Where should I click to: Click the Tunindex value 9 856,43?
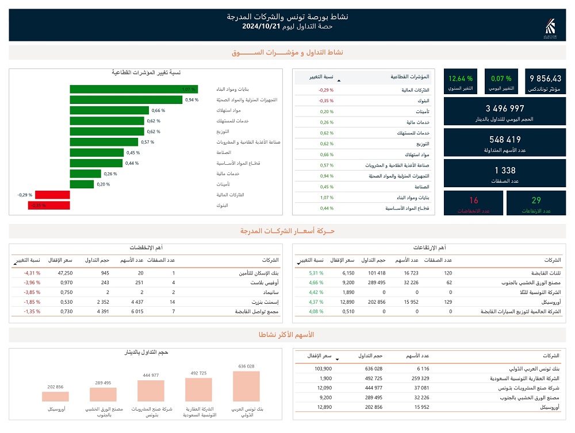click(546, 79)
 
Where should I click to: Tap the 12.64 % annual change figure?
click(461, 79)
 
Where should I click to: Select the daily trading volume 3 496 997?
click(505, 109)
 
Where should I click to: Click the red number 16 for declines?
click(473, 200)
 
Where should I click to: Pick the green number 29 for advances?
click(536, 200)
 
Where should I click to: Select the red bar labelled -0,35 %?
click(49, 205)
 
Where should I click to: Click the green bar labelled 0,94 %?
click(126, 99)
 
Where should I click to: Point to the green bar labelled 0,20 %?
click(82, 184)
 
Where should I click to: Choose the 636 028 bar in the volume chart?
click(246, 386)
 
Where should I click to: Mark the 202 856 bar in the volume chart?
click(55, 396)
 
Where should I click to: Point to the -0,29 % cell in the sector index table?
click(326, 90)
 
